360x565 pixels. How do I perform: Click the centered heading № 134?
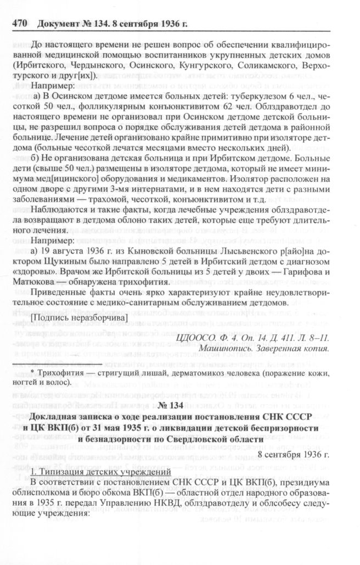pyautogui.click(x=179, y=406)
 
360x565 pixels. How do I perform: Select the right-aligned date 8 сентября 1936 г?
pyautogui.click(x=294, y=455)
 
